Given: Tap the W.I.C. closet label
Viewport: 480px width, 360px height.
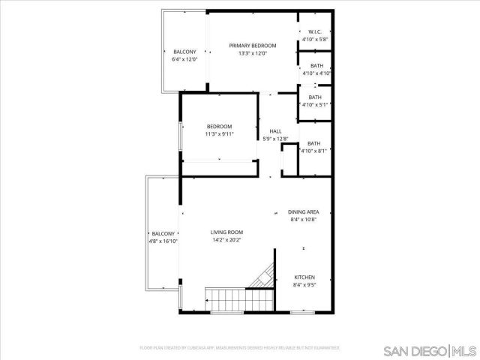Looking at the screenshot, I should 315,31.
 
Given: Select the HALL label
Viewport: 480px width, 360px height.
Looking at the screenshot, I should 276,131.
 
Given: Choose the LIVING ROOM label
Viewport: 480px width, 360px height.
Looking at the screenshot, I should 226,233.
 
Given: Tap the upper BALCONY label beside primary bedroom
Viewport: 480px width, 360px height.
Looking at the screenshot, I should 184,52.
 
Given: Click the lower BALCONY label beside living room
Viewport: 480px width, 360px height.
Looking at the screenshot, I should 163,234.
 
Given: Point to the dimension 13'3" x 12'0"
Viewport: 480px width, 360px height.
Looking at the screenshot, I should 253,54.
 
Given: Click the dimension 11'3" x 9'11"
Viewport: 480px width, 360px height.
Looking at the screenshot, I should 220,134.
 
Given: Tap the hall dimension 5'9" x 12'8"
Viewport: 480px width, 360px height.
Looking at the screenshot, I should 276,139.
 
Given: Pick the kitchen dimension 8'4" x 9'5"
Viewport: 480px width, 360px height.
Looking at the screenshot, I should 304,285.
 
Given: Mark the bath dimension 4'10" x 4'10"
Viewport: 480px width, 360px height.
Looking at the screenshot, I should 316,73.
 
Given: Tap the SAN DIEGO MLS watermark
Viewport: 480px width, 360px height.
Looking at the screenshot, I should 428,350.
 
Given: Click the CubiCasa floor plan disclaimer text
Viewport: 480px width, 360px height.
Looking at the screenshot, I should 240,348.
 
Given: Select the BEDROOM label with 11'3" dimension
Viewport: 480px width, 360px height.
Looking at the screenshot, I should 220,126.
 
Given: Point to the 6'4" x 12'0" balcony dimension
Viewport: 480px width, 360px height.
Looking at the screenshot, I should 184,59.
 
